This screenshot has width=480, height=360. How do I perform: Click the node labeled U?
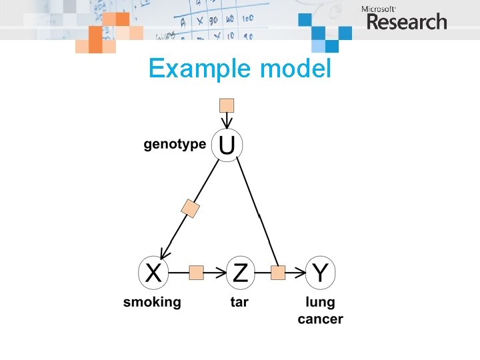tap(227, 145)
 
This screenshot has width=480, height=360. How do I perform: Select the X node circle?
tap(153, 272)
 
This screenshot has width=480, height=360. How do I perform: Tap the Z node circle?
tap(240, 272)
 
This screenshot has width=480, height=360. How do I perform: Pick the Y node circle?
tap(321, 272)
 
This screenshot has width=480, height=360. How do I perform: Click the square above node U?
tap(227, 105)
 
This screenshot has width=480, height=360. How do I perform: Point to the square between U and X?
tap(191, 209)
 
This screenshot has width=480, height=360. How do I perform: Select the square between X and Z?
tap(196, 272)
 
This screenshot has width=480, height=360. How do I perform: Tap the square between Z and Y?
tap(279, 272)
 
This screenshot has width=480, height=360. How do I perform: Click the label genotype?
tap(175, 145)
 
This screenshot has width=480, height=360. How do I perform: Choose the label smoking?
tap(152, 302)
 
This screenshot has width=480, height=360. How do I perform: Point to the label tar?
tap(239, 302)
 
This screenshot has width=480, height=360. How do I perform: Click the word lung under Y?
tap(320, 302)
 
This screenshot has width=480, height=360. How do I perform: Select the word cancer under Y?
tap(320, 319)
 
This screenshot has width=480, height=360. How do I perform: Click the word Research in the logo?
tap(407, 22)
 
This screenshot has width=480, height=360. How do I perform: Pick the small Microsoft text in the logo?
tap(377, 9)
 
